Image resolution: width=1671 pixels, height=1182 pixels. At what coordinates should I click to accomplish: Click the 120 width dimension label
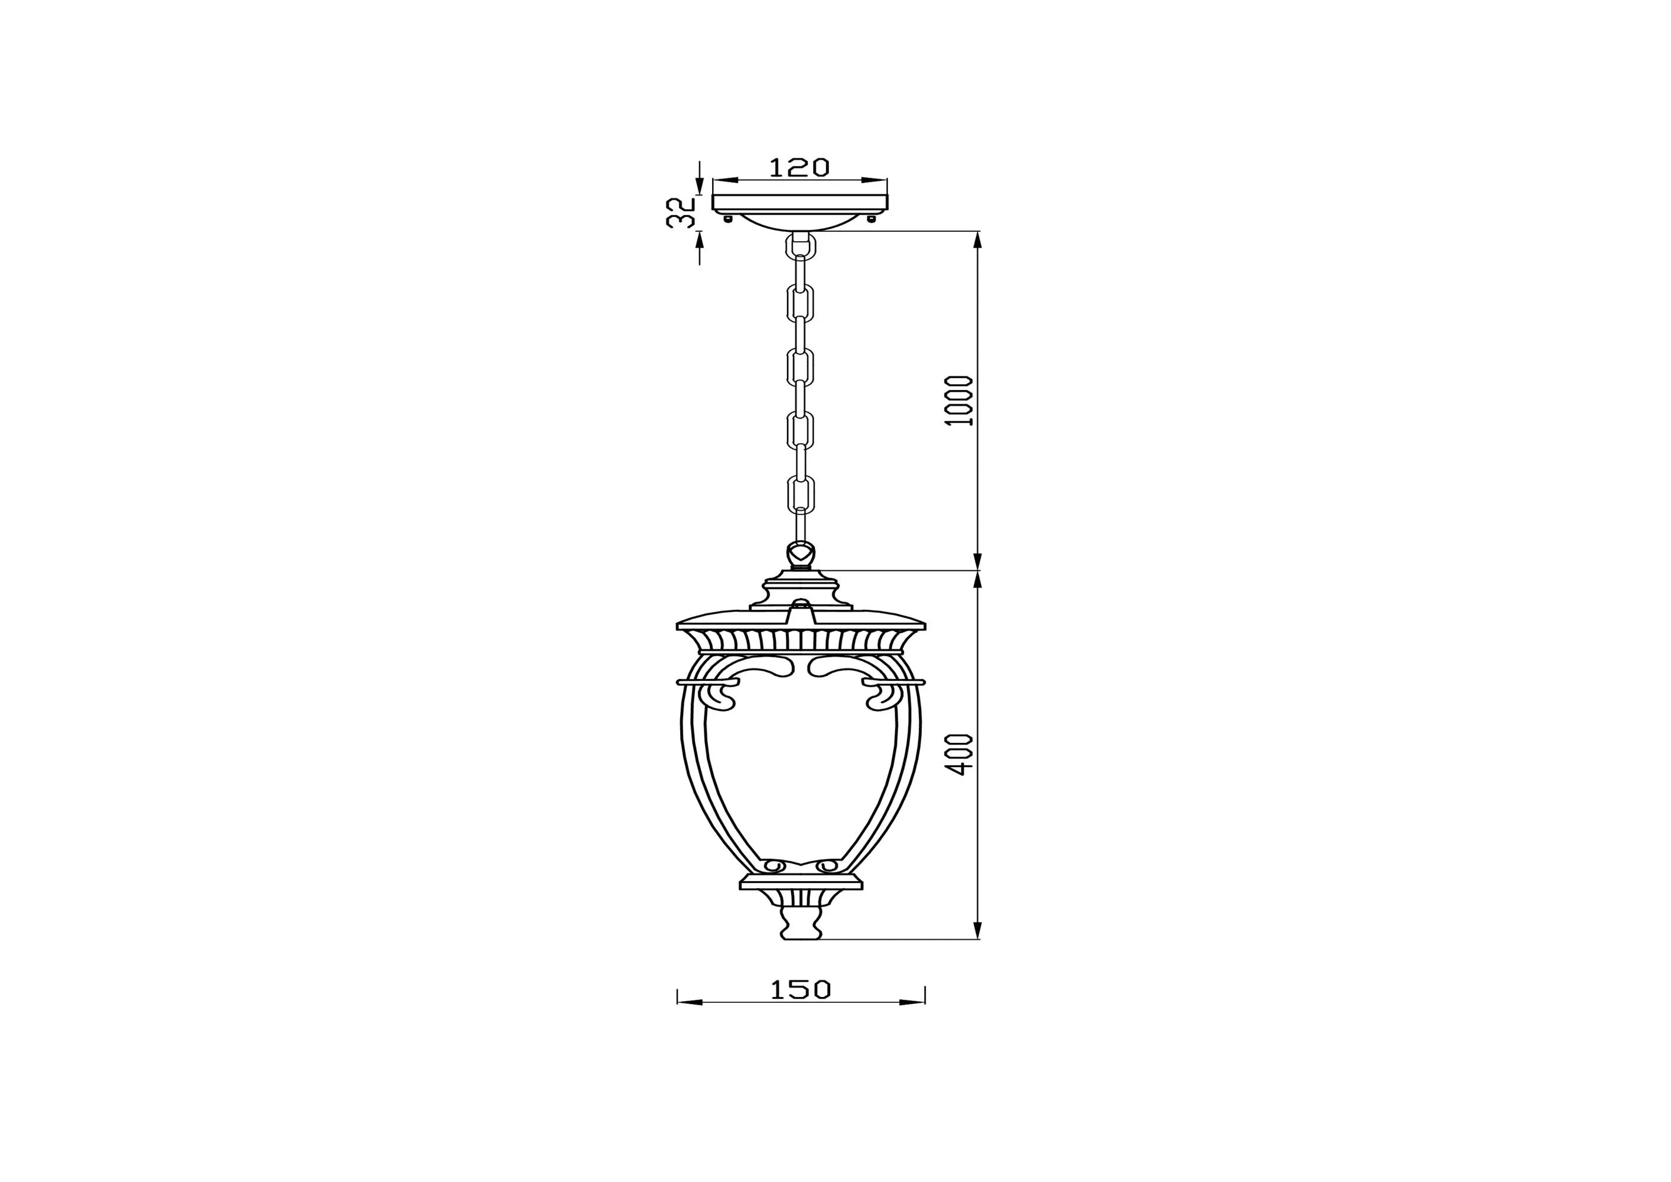[x=799, y=167]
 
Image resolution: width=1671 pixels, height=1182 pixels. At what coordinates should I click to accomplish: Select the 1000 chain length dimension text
[x=961, y=401]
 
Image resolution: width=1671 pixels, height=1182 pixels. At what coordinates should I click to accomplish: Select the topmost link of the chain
[x=800, y=246]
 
